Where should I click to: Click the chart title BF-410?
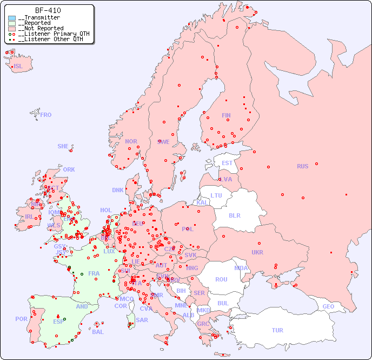point(48,10)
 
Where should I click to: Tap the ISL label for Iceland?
point(18,67)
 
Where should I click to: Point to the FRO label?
point(46,115)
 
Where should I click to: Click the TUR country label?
point(277,330)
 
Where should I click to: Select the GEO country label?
point(328,306)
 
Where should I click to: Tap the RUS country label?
point(302,166)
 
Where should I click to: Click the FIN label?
point(226,115)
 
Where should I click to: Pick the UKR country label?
point(257,252)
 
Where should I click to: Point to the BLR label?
point(234,215)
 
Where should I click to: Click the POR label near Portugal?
point(21,319)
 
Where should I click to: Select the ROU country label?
point(221,279)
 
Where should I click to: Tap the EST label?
point(227,163)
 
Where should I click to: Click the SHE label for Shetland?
point(63,146)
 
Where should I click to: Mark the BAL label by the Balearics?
point(98,332)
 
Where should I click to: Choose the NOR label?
point(131,141)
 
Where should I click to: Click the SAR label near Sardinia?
point(142,320)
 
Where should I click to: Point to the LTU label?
point(216,195)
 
